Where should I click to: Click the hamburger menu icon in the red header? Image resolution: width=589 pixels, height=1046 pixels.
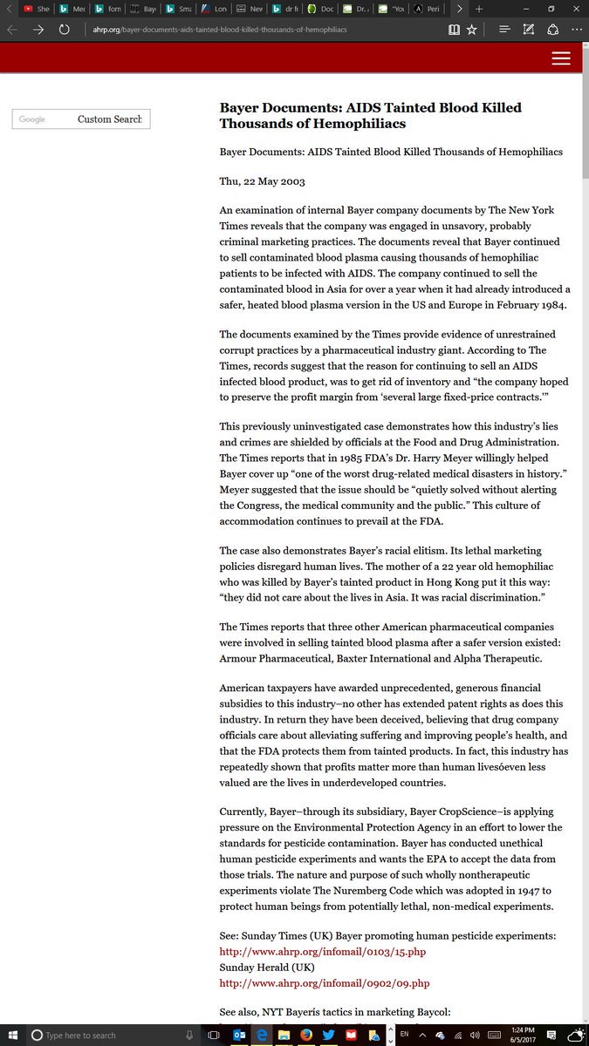click(x=561, y=58)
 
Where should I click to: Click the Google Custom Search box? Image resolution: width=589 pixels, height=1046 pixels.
click(x=81, y=119)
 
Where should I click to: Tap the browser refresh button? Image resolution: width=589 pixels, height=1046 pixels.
click(x=64, y=29)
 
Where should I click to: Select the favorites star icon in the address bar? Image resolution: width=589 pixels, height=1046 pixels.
click(x=471, y=29)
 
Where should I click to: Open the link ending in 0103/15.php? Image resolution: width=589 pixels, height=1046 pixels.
click(x=323, y=952)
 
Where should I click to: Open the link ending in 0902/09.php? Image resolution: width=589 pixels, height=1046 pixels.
click(x=324, y=983)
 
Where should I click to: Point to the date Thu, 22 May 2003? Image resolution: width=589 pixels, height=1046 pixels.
click(x=262, y=181)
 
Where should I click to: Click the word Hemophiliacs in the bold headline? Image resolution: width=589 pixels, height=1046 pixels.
click(x=357, y=124)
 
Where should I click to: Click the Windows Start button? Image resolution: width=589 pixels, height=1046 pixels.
click(x=11, y=1035)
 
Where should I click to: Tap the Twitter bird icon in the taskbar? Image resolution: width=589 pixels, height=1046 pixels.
click(x=328, y=1035)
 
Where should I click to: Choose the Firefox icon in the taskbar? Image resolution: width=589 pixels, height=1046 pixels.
click(x=305, y=1035)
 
